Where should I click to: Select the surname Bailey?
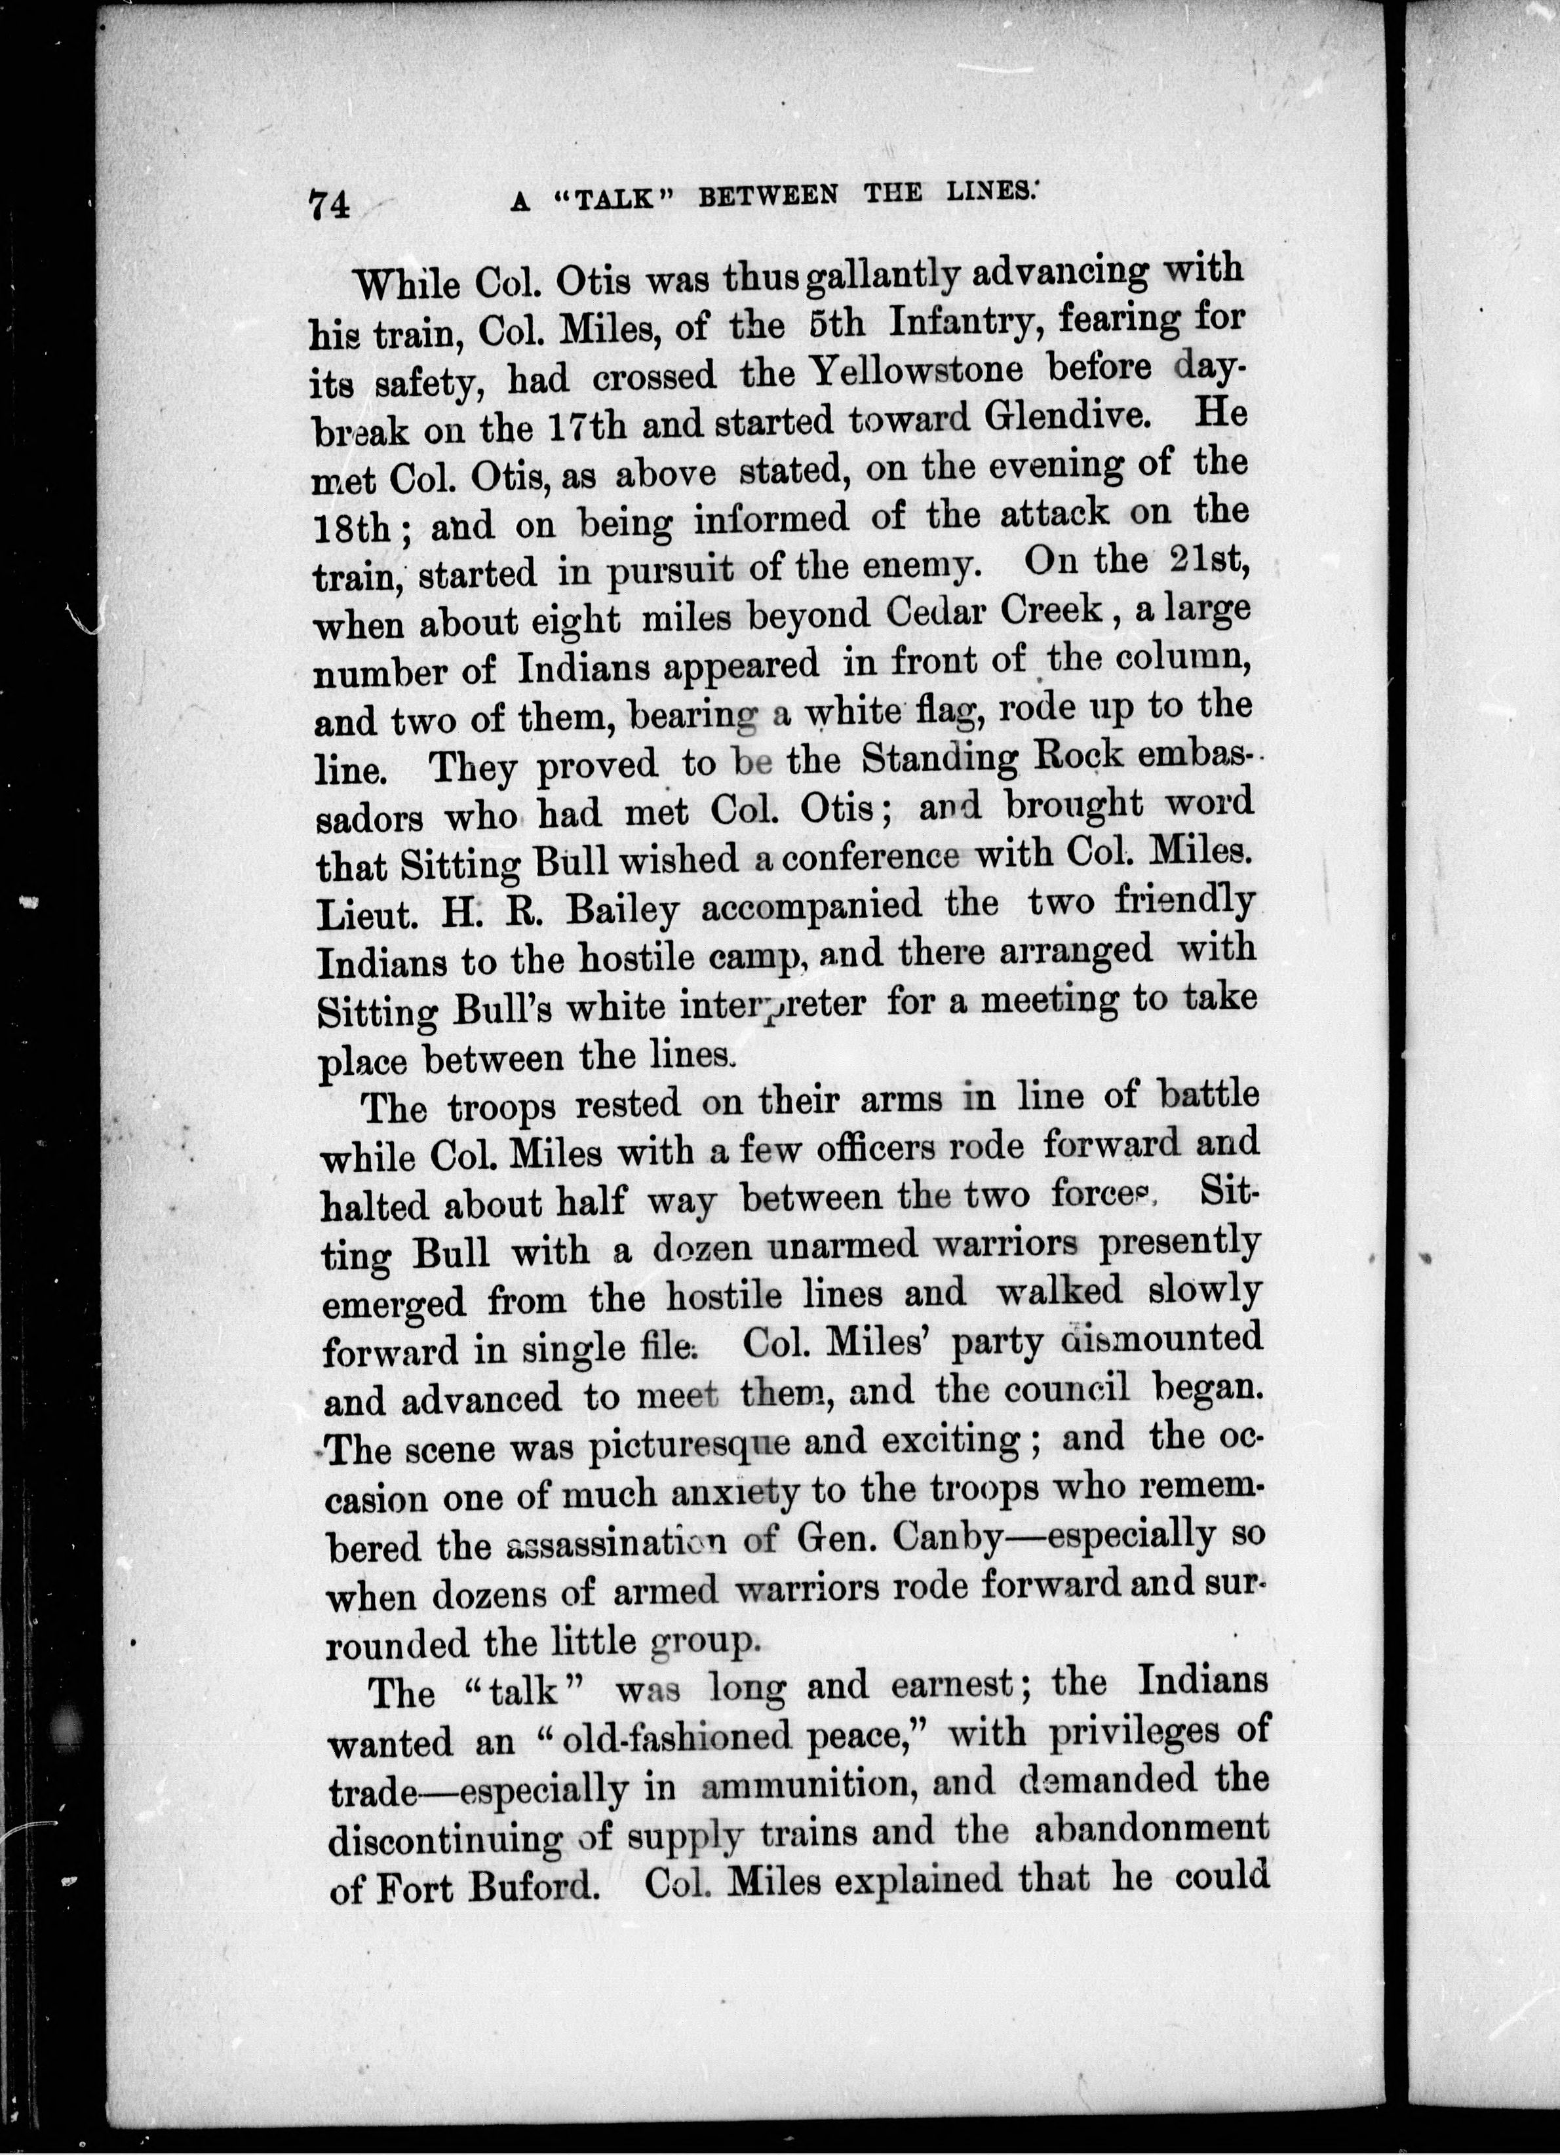[621, 909]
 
